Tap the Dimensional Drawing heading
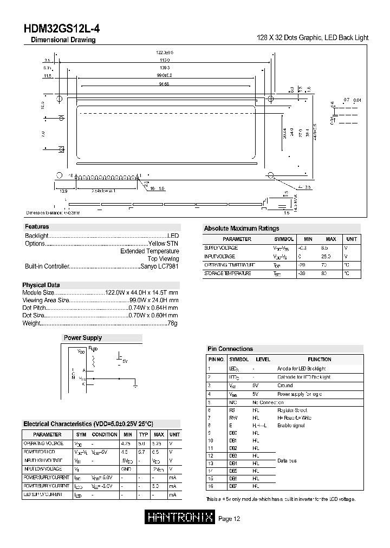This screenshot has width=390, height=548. tap(63, 40)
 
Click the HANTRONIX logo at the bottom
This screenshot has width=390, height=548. tap(180, 518)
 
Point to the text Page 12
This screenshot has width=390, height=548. tap(229, 519)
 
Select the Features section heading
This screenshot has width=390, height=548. tap(37, 227)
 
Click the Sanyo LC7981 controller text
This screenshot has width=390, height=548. tap(160, 266)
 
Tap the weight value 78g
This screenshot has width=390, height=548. tap(172, 323)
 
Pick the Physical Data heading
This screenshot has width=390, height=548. tap(41, 285)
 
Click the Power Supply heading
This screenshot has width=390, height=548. tap(83, 338)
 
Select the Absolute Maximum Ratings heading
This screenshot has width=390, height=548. tap(242, 229)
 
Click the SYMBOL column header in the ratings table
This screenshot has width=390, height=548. tap(284, 239)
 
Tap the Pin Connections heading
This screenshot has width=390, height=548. tap(230, 349)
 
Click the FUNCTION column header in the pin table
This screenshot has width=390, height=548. tap(319, 359)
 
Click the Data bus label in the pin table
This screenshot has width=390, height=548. tap(287, 460)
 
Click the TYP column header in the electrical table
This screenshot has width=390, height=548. tap(143, 434)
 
